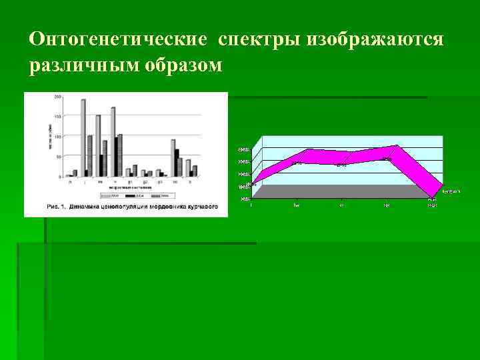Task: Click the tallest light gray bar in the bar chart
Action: pos(83,137)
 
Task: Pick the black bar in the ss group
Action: pos(177,162)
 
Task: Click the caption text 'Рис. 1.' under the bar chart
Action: pos(56,207)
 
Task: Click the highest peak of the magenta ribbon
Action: pos(396,147)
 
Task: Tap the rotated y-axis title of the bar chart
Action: pos(49,136)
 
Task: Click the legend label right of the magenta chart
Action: pos(452,191)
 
